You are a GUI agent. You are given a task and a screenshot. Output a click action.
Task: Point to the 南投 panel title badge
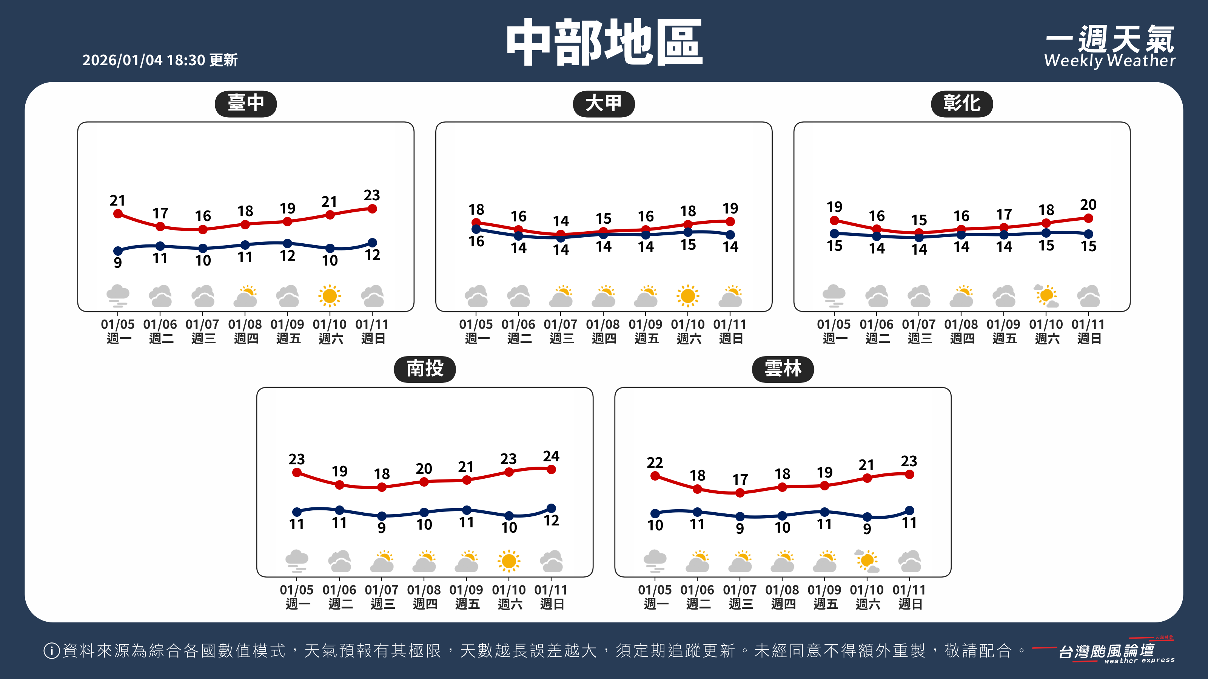(424, 369)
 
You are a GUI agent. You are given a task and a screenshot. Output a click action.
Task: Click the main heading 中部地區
(604, 42)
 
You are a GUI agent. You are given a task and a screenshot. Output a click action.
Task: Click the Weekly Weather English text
(1109, 61)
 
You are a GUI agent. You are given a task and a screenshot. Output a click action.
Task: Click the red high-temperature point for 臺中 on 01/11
(372, 209)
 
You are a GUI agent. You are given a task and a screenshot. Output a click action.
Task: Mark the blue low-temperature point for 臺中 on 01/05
(118, 251)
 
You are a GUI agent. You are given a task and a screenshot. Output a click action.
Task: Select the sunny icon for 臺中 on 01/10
(330, 296)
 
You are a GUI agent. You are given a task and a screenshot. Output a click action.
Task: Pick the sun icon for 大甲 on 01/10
(687, 296)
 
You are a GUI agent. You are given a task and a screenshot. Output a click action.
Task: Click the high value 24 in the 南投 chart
(551, 456)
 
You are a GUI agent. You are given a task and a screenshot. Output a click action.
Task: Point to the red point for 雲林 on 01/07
(740, 493)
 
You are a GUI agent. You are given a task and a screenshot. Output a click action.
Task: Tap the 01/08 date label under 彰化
(961, 325)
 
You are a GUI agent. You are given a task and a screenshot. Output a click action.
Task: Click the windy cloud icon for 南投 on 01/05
(297, 561)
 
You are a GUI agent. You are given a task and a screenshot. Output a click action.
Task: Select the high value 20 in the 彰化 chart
(1088, 205)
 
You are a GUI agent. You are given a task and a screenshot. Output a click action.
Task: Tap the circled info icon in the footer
(51, 650)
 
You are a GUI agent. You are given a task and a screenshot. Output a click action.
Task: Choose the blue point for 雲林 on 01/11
(909, 510)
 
